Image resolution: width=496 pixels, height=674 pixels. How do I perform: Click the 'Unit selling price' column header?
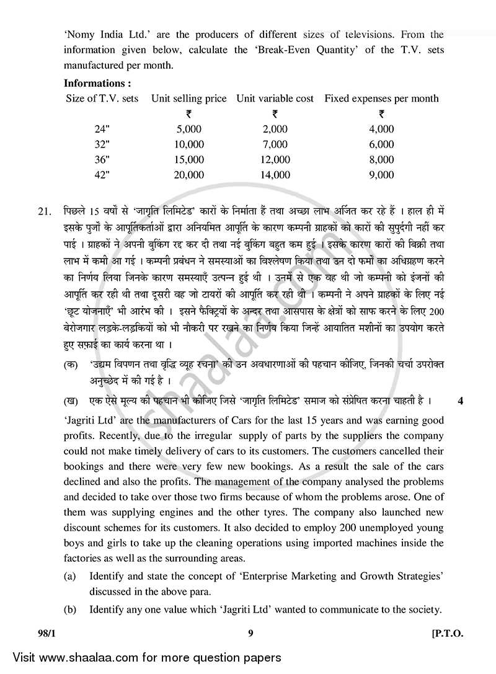188,98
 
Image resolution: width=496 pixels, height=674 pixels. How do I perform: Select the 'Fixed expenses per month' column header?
381,98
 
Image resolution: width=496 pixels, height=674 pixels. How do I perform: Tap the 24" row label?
102,129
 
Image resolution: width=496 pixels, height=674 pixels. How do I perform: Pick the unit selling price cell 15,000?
188,160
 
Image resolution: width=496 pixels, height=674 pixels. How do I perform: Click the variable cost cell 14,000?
275,175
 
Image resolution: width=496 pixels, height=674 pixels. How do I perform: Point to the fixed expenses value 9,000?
381,175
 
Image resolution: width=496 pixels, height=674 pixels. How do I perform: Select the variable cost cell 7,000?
275,144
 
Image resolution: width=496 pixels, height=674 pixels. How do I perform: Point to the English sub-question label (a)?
70,576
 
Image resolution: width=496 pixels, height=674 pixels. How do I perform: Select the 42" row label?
102,175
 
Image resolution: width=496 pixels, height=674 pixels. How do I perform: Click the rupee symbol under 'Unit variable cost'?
275,113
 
